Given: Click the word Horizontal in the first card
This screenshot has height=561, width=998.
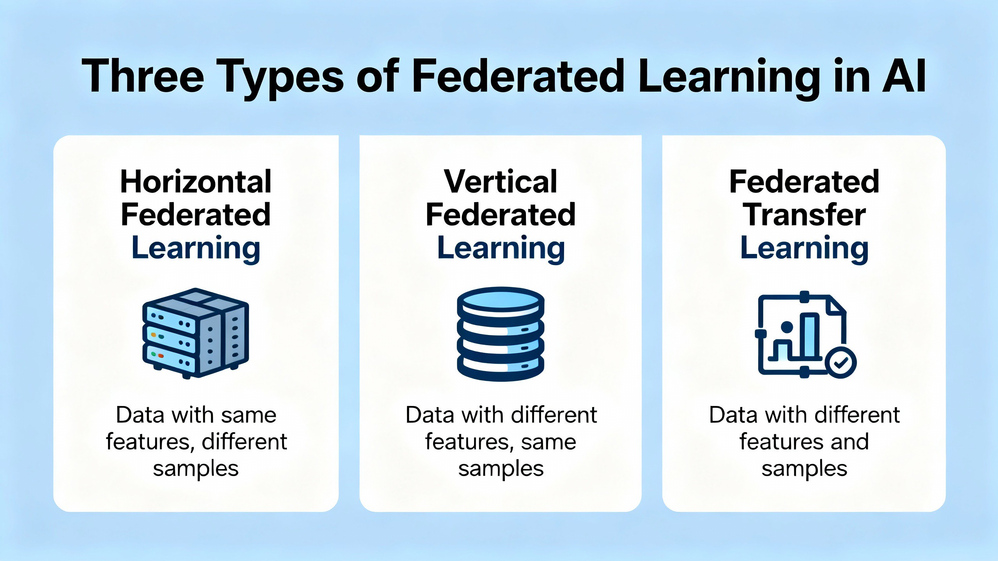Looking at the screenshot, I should (196, 182).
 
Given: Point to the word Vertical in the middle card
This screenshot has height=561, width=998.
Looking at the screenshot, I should (501, 182).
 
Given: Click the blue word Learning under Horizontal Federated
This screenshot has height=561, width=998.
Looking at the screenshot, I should (196, 248).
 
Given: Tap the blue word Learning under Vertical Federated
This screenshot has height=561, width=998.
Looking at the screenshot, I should (501, 248).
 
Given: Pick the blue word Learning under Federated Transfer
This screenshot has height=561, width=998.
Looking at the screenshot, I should (804, 248).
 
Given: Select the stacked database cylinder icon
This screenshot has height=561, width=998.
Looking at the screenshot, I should (501, 334).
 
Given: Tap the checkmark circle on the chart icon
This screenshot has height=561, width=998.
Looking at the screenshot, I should (841, 362).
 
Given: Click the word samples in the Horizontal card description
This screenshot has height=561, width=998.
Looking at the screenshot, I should (196, 469).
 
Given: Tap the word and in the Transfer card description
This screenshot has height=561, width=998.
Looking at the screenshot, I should (849, 442).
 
